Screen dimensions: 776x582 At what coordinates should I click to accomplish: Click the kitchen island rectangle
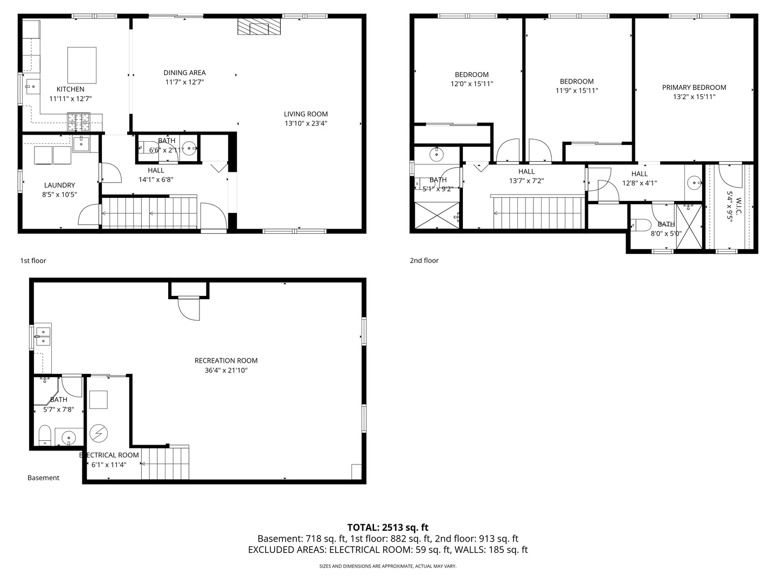click(x=82, y=65)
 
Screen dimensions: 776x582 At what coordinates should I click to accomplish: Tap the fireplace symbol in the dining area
click(x=259, y=26)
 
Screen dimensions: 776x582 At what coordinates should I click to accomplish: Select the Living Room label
click(x=306, y=114)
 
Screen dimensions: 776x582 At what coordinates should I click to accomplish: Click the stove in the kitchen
click(x=79, y=122)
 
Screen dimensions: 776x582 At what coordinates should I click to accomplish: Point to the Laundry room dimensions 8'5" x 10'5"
click(x=59, y=195)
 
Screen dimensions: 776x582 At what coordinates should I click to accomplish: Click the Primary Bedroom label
click(x=694, y=87)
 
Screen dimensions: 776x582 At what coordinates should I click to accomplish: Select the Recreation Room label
click(x=226, y=361)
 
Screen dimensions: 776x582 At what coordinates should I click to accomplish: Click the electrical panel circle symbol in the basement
click(x=99, y=433)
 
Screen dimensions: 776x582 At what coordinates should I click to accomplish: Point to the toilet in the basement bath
click(x=45, y=435)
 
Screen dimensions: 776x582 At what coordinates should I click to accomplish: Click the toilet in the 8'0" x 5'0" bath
click(x=641, y=225)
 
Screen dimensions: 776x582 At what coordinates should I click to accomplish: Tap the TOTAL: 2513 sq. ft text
click(x=388, y=527)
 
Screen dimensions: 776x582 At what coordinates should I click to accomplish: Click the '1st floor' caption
click(x=33, y=260)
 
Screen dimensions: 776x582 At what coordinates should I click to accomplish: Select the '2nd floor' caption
click(x=424, y=260)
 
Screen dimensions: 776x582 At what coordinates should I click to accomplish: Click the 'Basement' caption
click(x=43, y=478)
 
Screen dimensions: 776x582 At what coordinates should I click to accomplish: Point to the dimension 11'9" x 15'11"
click(x=577, y=91)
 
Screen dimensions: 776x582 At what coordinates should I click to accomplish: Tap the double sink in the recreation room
click(x=43, y=336)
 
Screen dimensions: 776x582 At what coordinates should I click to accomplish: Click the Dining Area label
click(x=184, y=72)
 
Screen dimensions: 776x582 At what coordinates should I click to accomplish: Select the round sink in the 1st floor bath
click(x=190, y=148)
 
